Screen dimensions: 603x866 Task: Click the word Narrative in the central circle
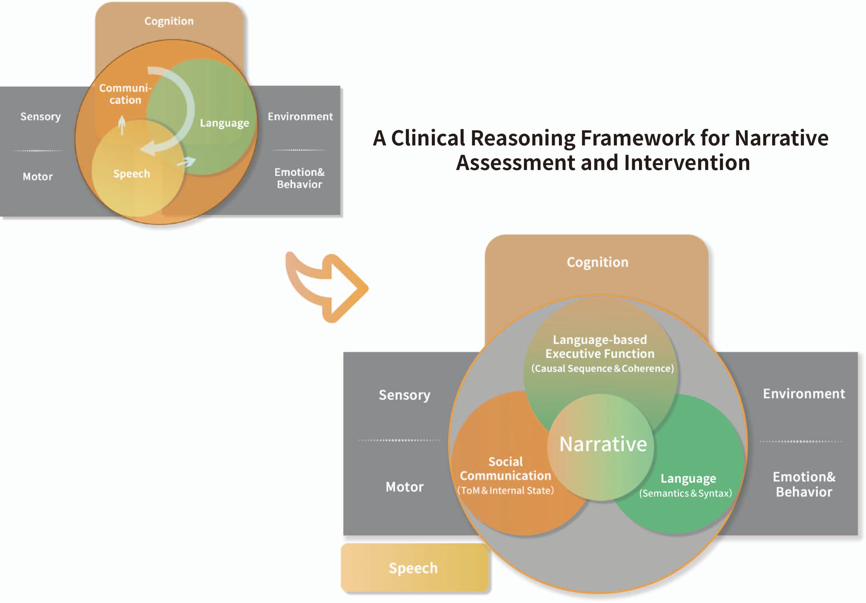[x=603, y=444]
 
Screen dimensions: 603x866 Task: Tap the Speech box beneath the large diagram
[x=413, y=568]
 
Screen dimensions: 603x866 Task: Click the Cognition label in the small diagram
[x=169, y=21]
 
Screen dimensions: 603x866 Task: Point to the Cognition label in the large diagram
[x=597, y=262]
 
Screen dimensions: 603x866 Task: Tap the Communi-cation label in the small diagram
[x=125, y=94]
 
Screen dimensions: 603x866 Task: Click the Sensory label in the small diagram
[x=40, y=116]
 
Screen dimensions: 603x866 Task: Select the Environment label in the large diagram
[x=804, y=394]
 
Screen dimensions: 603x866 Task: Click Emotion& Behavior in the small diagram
[x=300, y=178]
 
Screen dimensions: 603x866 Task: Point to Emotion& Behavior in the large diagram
[x=804, y=484]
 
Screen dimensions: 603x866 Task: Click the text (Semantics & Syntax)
[x=685, y=493]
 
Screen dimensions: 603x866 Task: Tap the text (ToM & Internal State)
[x=505, y=490]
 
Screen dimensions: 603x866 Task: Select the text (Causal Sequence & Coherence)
[x=602, y=368]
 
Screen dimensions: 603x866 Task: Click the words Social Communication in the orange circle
[x=505, y=469]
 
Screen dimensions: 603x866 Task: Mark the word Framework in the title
[x=637, y=138]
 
